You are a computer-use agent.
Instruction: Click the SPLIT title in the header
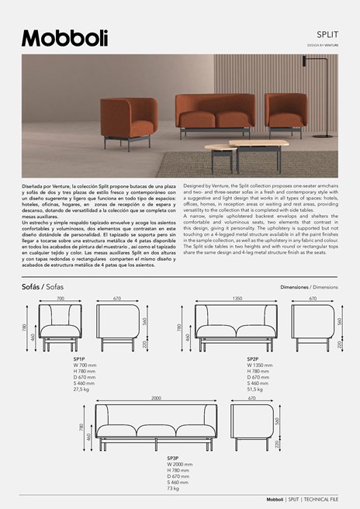326,35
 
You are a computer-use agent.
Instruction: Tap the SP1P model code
79,359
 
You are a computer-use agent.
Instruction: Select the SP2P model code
253,359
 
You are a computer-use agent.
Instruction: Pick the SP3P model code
173,459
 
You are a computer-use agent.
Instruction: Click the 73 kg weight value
174,489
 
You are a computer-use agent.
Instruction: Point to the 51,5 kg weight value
255,389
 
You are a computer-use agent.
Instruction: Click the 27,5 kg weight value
81,389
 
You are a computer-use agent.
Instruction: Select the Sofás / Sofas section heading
48,287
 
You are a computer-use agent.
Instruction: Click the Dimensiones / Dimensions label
309,287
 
